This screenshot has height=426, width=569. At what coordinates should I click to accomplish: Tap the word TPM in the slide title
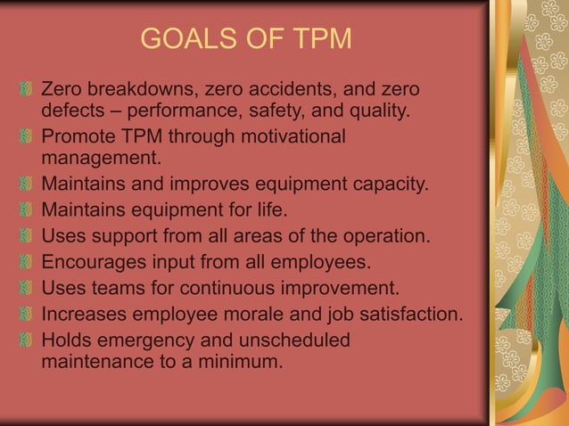316,40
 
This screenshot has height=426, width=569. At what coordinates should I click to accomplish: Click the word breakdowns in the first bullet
141,90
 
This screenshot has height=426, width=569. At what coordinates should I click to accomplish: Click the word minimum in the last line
241,363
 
